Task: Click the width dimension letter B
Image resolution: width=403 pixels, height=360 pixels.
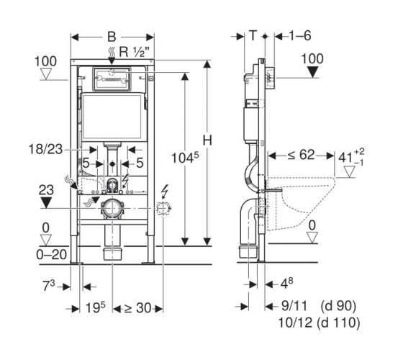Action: [112, 37]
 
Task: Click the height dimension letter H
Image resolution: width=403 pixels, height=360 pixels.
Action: [207, 140]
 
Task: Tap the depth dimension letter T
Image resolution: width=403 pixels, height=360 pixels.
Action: [253, 35]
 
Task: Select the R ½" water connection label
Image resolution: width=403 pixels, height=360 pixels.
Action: [134, 52]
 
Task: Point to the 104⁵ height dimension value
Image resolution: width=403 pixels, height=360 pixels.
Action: [185, 158]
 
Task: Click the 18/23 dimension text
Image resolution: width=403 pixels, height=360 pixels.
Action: [46, 149]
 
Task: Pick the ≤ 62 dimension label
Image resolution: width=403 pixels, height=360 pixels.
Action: [301, 155]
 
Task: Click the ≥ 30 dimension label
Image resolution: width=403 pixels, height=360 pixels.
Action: [138, 308]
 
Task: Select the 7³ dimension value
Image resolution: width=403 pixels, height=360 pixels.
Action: [49, 286]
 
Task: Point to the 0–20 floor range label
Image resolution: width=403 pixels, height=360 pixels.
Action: [52, 255]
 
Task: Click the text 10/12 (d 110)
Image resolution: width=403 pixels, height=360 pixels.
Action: [319, 323]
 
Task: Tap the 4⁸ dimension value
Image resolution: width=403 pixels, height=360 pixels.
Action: [286, 284]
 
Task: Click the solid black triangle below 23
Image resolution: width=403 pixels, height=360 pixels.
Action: [46, 202]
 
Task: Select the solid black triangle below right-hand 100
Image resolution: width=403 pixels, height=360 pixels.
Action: [313, 72]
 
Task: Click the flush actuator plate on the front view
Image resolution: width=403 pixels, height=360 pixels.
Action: [112, 79]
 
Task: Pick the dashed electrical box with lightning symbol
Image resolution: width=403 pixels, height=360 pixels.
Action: [164, 208]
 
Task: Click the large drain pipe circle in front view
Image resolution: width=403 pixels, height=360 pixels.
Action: [112, 208]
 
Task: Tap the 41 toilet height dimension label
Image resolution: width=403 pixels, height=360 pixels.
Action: [351, 157]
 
